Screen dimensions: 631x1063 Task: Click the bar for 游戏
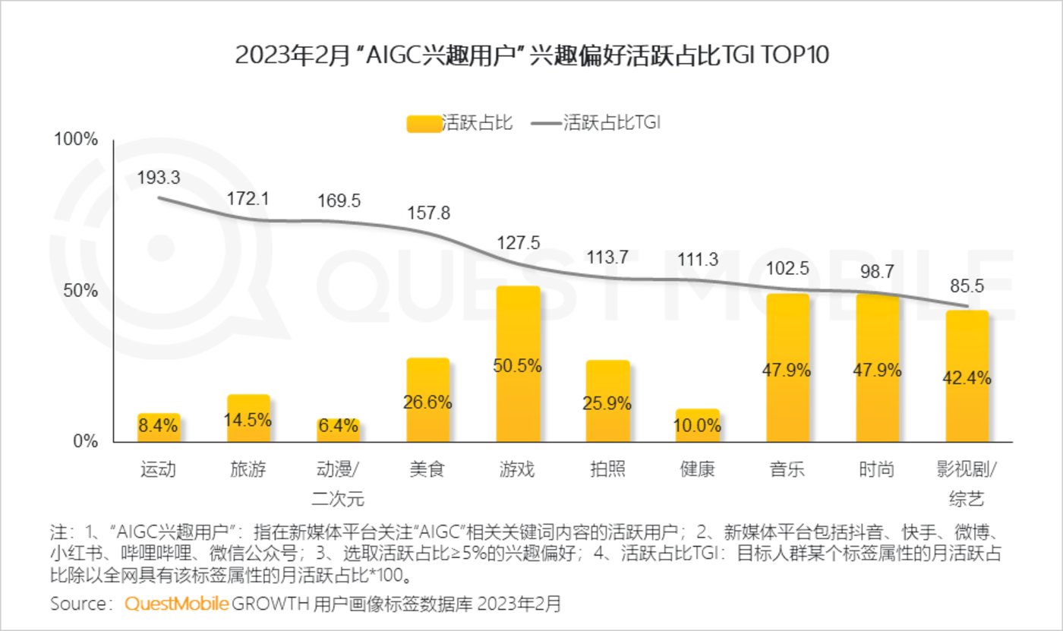(x=518, y=364)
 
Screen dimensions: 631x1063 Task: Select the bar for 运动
(x=159, y=428)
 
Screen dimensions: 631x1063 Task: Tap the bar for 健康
(x=698, y=425)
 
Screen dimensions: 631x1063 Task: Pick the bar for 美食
(x=427, y=400)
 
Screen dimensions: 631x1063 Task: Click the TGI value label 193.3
(x=159, y=178)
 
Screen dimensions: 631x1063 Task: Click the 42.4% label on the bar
(x=967, y=377)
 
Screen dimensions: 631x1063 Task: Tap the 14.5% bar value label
(x=248, y=420)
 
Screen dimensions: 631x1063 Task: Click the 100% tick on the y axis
(x=76, y=140)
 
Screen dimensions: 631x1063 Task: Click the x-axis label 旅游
(x=248, y=469)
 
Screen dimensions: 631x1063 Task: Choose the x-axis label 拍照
(x=607, y=469)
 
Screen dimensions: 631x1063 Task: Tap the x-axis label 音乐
(x=787, y=469)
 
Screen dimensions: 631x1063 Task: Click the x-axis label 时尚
(x=877, y=469)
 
